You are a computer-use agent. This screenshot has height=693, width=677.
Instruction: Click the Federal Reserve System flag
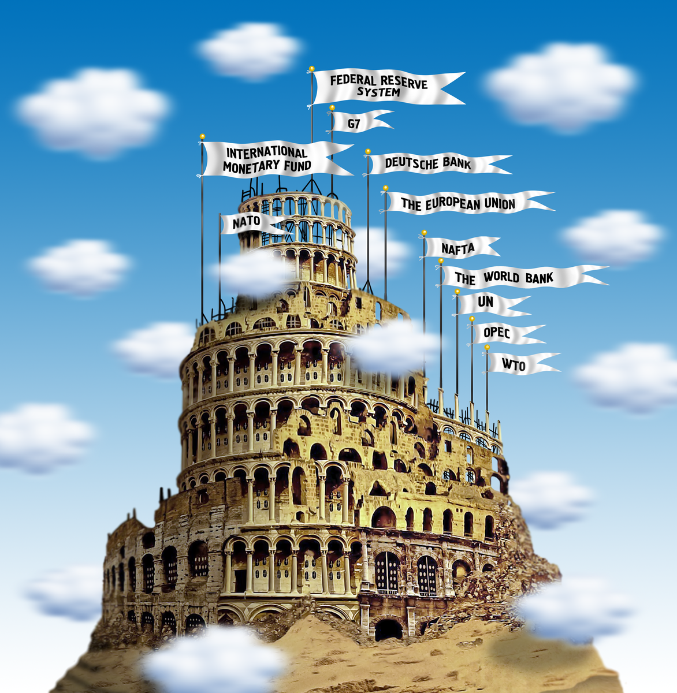[381, 87]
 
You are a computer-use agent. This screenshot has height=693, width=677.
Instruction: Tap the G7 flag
[355, 122]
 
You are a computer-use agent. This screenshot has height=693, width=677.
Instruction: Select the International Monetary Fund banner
[269, 159]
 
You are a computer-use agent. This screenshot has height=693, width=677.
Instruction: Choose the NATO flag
[247, 223]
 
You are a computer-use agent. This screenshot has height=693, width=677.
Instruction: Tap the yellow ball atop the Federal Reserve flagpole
[311, 68]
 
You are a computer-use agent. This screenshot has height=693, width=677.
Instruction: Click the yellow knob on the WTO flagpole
[486, 347]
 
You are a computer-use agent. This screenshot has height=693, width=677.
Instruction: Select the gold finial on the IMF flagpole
[202, 137]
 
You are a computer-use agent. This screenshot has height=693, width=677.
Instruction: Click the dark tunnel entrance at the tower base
[388, 629]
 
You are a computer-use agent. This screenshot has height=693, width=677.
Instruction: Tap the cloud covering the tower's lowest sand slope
[214, 661]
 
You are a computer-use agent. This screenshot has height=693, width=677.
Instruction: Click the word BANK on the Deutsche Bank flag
[457, 163]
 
